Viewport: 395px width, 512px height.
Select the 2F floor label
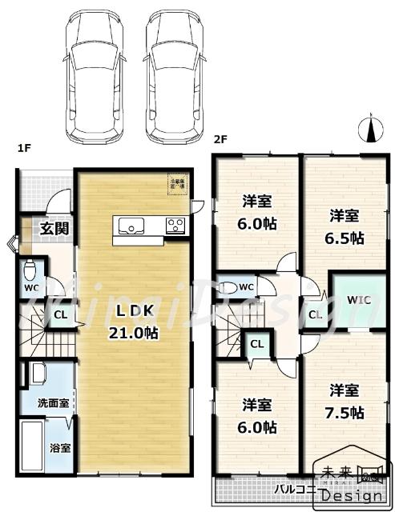(x=220, y=138)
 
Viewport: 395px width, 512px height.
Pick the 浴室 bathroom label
(x=61, y=447)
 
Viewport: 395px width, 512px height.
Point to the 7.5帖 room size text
(x=347, y=413)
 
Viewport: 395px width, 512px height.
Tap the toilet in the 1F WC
(x=31, y=270)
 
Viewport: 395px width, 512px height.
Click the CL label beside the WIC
(x=316, y=314)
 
